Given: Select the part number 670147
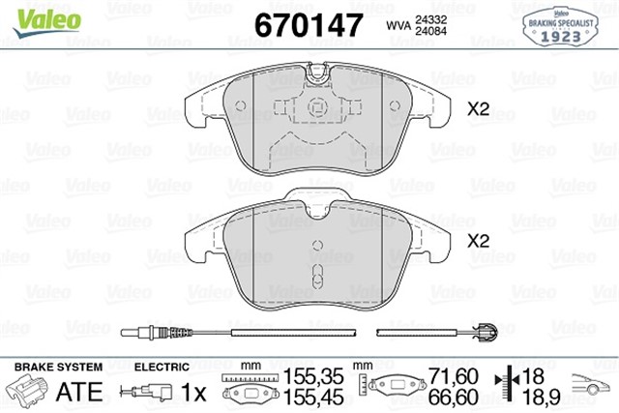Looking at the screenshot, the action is pos(309,25).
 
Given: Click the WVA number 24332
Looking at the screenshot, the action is pos(430,19).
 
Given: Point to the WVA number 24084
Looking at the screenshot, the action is pos(430,31).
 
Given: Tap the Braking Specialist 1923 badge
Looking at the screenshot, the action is pos(561,27).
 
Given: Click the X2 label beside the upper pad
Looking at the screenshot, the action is pos(478,109).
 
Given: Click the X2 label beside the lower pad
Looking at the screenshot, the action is pos(478,241).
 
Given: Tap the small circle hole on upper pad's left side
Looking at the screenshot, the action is pos(241,105).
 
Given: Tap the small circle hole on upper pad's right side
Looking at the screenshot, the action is pos(395,105).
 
